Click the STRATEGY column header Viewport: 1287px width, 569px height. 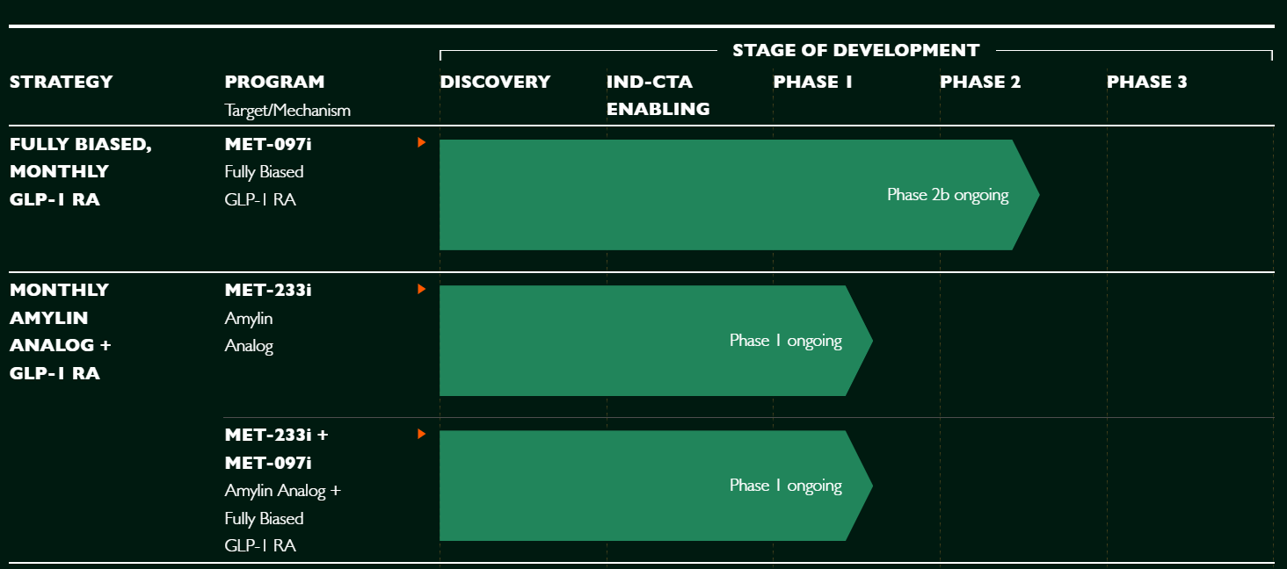point(61,82)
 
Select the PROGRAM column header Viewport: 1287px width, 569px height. point(274,82)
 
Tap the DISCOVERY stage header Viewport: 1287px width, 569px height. point(495,82)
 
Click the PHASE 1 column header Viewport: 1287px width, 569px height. point(812,82)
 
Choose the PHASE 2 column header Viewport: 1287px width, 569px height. point(980,82)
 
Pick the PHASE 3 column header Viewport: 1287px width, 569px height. point(1147,82)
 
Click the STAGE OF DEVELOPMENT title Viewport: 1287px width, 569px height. point(856,50)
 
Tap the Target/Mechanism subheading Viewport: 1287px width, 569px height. point(287,110)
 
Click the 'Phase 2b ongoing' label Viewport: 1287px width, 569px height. point(948,195)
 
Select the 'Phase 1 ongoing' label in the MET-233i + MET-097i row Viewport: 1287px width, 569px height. point(785,486)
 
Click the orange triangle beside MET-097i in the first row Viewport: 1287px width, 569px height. point(421,142)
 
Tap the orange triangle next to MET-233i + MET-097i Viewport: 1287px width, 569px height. point(421,434)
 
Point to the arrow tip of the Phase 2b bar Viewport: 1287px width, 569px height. point(1039,195)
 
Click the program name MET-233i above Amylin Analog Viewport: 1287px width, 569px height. point(268,290)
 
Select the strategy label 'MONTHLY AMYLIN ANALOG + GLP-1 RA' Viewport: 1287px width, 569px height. point(61,331)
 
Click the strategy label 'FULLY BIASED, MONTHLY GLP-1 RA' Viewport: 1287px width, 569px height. point(81,172)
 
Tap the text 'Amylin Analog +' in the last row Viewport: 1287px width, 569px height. point(283,491)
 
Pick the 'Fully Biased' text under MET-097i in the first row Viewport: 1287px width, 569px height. point(264,172)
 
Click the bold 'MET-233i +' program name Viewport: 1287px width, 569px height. point(276,436)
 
